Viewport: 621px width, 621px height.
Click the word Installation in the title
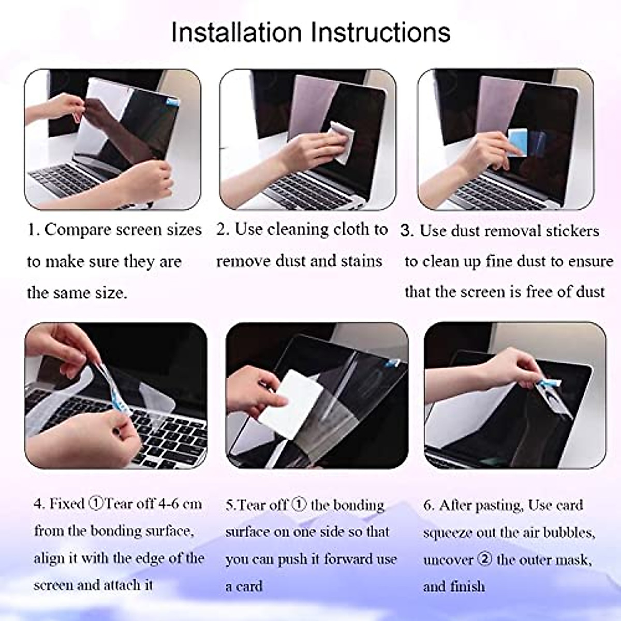236,32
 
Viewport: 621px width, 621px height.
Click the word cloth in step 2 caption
353,229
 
